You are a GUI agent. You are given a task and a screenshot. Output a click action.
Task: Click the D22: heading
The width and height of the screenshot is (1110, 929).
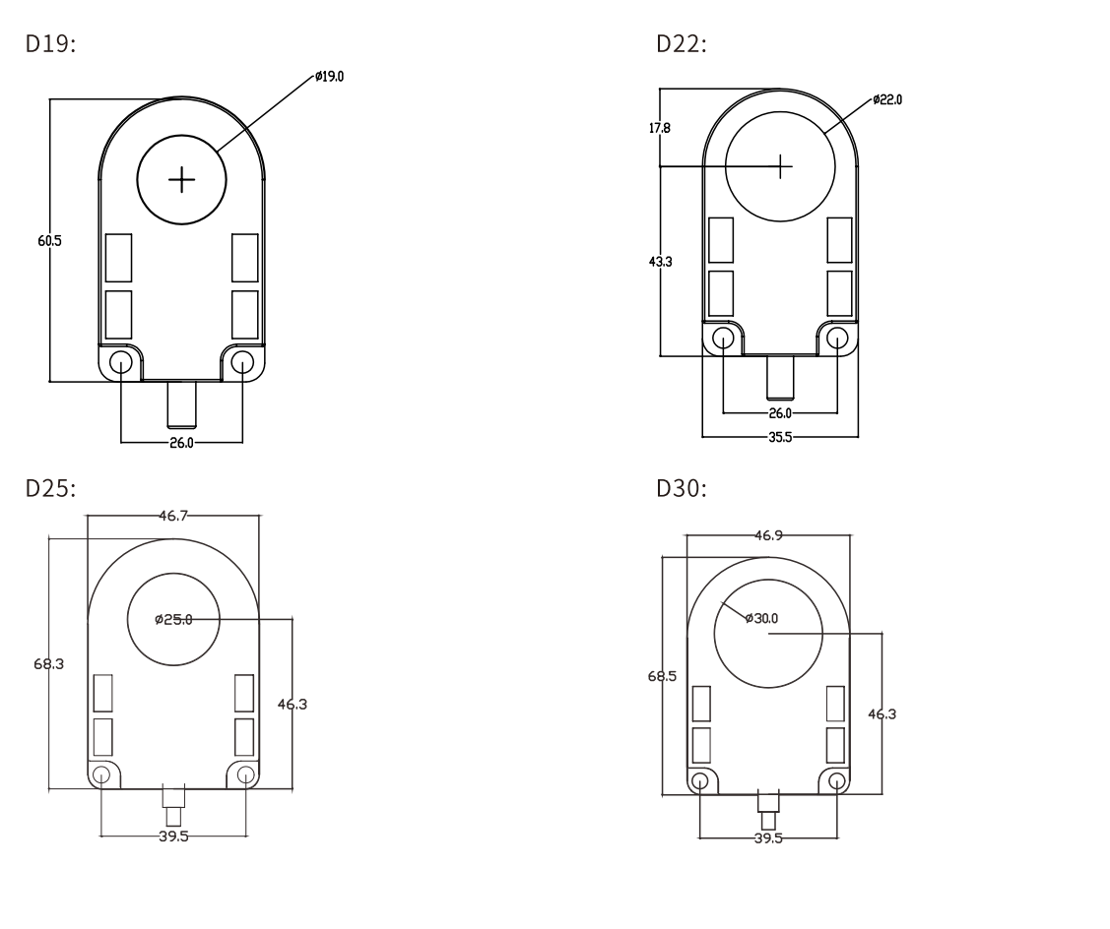pos(681,44)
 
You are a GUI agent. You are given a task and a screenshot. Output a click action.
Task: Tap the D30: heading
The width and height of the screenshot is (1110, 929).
pos(681,488)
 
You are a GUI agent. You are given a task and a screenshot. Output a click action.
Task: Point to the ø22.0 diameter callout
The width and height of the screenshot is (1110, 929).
pos(886,99)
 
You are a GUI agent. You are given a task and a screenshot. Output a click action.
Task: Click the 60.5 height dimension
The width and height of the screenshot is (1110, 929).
pos(49,240)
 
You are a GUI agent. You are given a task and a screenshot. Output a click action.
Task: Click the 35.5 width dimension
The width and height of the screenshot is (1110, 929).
pos(780,436)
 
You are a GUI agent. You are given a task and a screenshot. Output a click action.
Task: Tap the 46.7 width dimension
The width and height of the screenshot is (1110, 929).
pos(174,515)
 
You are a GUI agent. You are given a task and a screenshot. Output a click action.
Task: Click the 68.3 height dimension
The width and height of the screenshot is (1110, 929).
pos(49,664)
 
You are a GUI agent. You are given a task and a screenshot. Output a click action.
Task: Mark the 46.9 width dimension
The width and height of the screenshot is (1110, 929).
pos(769,535)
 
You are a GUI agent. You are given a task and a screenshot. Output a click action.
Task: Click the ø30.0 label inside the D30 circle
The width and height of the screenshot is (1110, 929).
pos(761,618)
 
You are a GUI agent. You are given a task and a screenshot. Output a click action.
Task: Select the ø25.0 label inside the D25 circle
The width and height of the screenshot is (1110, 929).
pos(173,619)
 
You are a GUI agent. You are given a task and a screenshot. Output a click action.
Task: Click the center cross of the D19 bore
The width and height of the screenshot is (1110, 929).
pos(182,179)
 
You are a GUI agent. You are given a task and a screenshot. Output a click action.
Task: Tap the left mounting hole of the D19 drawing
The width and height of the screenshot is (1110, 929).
pos(121,363)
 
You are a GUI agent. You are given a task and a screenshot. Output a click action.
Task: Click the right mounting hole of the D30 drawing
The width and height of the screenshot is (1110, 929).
pos(836,781)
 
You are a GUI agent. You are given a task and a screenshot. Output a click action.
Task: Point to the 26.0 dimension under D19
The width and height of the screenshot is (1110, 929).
pos(181,443)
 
